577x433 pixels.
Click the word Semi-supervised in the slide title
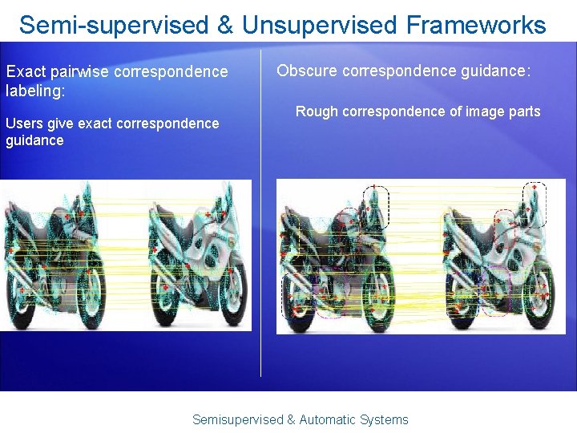(112, 26)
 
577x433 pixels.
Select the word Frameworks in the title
(476, 26)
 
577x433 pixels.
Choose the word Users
(25, 123)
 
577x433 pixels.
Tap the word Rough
(316, 111)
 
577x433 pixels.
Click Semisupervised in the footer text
(238, 419)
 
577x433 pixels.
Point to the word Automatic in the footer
(329, 419)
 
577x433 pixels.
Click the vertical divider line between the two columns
(261, 241)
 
